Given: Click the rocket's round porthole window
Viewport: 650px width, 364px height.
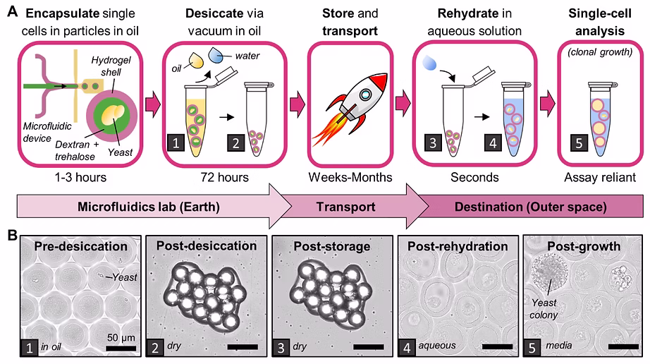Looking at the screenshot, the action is (x=364, y=95).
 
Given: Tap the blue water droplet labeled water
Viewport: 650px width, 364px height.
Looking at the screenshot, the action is (x=216, y=55).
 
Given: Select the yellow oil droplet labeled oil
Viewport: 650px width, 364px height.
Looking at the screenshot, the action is (x=196, y=61).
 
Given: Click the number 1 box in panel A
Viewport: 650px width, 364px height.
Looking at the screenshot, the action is (x=176, y=143).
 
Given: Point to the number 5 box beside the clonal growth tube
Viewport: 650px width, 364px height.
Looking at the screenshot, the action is (x=579, y=143).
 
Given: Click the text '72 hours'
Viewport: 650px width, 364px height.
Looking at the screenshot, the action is (x=224, y=178).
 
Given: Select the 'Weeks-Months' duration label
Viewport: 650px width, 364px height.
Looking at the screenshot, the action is (x=350, y=178).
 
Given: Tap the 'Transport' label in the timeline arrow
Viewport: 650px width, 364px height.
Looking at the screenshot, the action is (x=345, y=207).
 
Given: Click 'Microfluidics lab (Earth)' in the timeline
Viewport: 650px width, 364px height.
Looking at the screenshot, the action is (x=149, y=207).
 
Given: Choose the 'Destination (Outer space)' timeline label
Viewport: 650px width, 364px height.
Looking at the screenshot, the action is (x=531, y=207).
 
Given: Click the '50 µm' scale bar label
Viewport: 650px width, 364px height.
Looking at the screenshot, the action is (x=121, y=337).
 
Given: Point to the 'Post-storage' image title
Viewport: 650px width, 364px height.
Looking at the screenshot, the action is (x=331, y=246).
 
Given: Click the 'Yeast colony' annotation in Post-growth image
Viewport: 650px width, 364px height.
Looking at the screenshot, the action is (x=544, y=309).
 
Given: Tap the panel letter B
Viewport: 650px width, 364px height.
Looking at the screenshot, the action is (x=13, y=236).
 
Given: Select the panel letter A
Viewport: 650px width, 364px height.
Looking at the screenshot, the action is (x=13, y=11).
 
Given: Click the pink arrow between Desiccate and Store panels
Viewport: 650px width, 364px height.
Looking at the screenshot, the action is (x=298, y=104).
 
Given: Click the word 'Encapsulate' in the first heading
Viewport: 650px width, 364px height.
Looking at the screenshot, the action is (x=62, y=13).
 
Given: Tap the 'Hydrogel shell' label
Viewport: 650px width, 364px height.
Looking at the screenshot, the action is (x=111, y=66).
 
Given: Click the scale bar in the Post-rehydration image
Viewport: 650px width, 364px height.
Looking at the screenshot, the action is (x=498, y=346).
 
